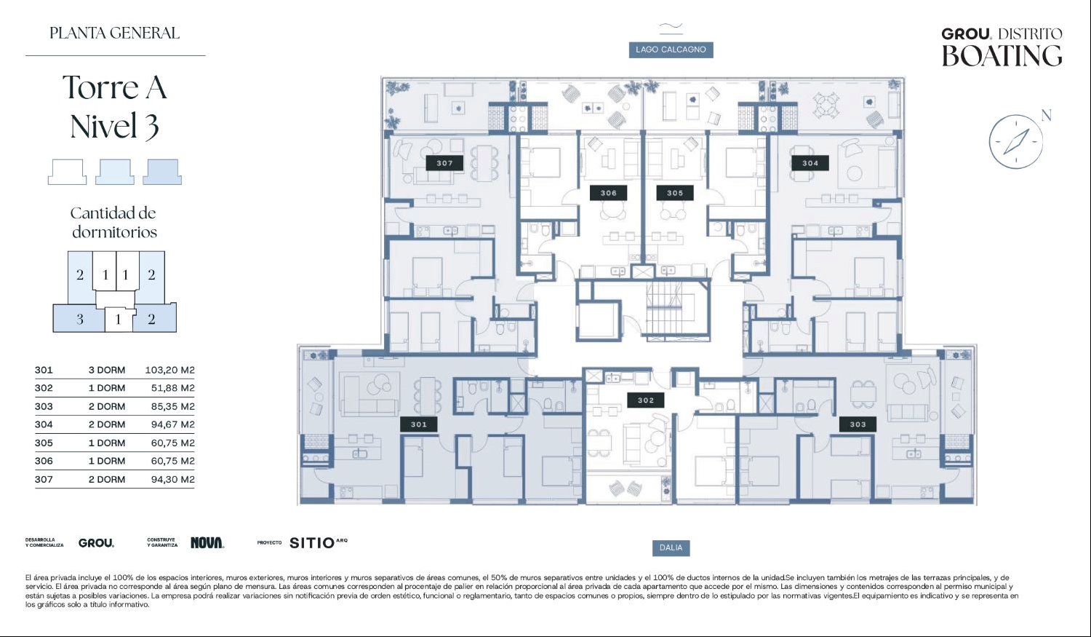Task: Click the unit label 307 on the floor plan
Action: [444, 163]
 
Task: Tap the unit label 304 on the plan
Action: [810, 163]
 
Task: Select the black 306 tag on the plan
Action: [608, 192]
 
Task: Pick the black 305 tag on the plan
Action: [674, 192]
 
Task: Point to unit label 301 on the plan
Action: [418, 424]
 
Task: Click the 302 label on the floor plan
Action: [646, 400]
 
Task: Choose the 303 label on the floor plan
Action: [858, 424]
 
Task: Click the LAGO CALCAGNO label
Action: [671, 50]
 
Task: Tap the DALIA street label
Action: [671, 547]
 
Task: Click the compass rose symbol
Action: [1016, 142]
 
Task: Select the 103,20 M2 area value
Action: [170, 370]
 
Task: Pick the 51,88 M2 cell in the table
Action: [173, 388]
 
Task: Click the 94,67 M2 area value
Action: [173, 424]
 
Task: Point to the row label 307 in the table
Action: [44, 480]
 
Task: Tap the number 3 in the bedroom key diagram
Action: [80, 320]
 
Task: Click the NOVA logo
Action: [207, 542]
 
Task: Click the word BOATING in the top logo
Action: [1002, 55]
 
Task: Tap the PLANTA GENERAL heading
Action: [114, 33]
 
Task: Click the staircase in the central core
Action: [676, 308]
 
